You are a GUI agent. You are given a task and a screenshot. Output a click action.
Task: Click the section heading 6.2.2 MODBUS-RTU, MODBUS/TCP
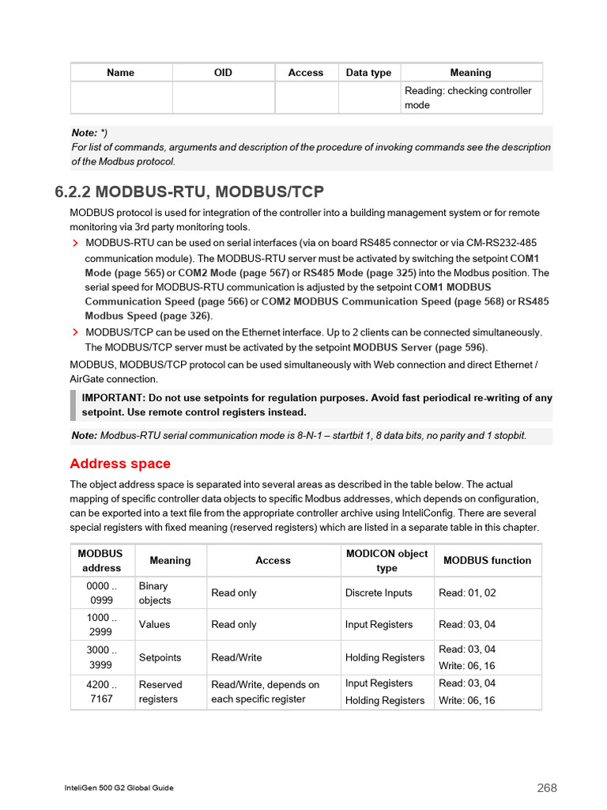click(189, 192)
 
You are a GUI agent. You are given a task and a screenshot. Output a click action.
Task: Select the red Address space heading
click(120, 464)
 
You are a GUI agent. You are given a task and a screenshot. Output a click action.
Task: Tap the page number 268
click(547, 788)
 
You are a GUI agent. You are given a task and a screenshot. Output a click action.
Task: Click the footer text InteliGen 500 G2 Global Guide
click(119, 788)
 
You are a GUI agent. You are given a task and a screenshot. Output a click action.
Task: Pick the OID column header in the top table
click(223, 73)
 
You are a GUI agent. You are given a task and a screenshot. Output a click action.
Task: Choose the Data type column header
click(368, 73)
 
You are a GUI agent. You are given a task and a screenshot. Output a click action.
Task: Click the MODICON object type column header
click(386, 561)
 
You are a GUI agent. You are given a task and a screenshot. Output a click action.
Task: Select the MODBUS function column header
click(487, 561)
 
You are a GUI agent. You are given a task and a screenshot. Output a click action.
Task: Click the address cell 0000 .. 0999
click(102, 593)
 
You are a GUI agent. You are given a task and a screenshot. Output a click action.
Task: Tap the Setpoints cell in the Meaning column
click(160, 658)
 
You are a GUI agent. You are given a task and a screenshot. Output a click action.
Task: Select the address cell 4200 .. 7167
click(102, 692)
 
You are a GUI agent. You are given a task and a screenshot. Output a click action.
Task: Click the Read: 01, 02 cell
click(467, 593)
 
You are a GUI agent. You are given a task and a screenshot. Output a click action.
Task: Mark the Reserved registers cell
click(160, 692)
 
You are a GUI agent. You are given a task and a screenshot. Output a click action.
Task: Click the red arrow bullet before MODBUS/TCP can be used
click(76, 333)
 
